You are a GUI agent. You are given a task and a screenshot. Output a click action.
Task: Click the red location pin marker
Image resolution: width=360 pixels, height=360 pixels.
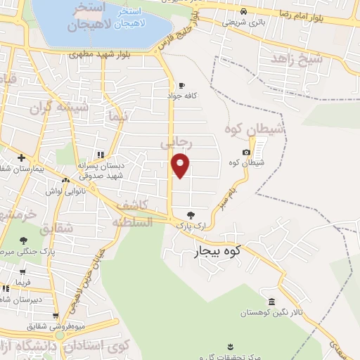[x=181, y=165]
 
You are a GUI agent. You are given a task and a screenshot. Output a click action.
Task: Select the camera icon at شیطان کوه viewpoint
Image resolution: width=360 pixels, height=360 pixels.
[x=246, y=153]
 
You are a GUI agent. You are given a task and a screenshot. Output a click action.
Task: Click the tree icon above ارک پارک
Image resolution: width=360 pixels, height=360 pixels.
[x=190, y=214]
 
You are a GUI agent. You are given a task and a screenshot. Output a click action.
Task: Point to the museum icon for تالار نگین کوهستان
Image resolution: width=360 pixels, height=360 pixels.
[x=272, y=302]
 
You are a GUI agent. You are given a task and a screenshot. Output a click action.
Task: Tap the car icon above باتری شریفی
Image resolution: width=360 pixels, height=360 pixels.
[x=243, y=12]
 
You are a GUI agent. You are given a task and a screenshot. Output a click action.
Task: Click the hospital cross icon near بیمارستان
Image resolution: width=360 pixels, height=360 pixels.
[x=22, y=157]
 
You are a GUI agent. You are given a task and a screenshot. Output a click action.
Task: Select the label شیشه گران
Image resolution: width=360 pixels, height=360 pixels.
[x=56, y=108]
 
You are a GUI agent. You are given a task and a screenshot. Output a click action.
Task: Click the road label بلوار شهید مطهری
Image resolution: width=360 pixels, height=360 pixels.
[x=105, y=53]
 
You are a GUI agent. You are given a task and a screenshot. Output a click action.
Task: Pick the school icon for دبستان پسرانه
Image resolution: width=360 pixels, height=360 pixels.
[x=101, y=155]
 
